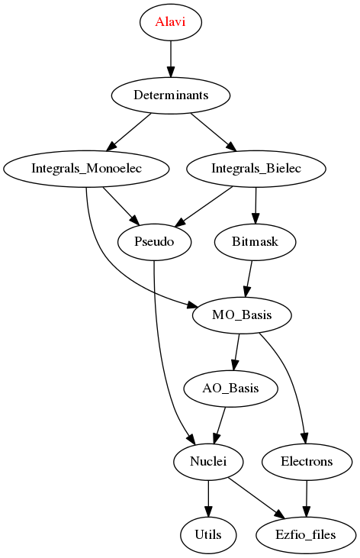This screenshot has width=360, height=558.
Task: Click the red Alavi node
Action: (170, 22)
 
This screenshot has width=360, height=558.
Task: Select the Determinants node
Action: (171, 95)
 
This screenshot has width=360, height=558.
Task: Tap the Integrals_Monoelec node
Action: (86, 169)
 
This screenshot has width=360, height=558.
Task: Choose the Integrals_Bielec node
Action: (256, 169)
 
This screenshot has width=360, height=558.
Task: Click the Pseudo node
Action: (154, 242)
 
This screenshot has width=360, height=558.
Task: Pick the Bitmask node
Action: (255, 242)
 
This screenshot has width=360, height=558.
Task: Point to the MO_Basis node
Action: (242, 315)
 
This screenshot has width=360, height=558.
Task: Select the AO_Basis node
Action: (230, 389)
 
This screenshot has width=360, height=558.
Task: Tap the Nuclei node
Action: (208, 462)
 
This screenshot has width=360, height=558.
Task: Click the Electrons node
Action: (307, 462)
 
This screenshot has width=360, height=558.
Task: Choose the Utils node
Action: (208, 535)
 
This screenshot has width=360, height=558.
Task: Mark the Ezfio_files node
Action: (306, 535)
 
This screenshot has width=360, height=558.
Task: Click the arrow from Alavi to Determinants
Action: (171, 59)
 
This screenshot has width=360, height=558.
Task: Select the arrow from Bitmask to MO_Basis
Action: (249, 279)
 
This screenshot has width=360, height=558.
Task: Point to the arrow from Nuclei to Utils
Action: (208, 498)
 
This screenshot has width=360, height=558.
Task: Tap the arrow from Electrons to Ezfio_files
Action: (307, 498)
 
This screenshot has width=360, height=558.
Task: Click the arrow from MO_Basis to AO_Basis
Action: (236, 352)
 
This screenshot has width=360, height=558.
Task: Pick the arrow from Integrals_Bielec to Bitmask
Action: (256, 205)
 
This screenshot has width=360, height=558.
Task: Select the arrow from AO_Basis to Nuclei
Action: (220, 425)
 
